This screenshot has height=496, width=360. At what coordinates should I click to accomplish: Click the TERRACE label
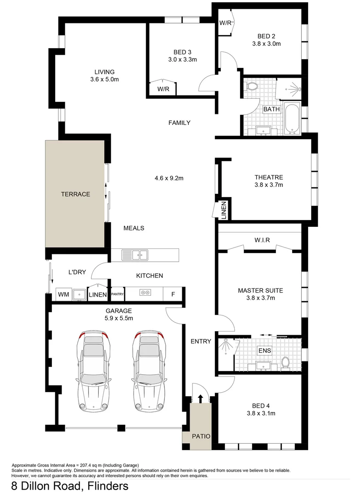click(x=75, y=194)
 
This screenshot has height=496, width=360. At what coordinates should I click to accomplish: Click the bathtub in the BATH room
click(x=292, y=118)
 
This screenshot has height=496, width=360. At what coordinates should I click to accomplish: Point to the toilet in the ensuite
click(x=285, y=362)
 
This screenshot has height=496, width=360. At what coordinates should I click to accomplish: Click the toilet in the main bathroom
click(x=251, y=86)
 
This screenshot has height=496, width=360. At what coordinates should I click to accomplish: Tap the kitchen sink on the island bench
click(x=135, y=254)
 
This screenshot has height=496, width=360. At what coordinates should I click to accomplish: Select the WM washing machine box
click(x=62, y=294)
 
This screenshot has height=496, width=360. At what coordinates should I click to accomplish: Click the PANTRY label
click(x=117, y=294)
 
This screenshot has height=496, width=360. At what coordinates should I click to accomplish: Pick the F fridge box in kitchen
click(x=173, y=294)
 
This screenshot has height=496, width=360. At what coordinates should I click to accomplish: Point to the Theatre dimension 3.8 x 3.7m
click(x=269, y=185)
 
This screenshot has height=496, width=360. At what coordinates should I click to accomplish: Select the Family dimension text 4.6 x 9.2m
click(x=170, y=178)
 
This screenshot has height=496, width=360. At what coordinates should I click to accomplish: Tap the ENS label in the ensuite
click(x=264, y=350)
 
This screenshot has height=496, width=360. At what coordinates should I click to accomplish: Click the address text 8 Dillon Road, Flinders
click(x=70, y=486)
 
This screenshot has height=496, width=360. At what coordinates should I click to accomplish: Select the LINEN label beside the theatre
click(x=224, y=210)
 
